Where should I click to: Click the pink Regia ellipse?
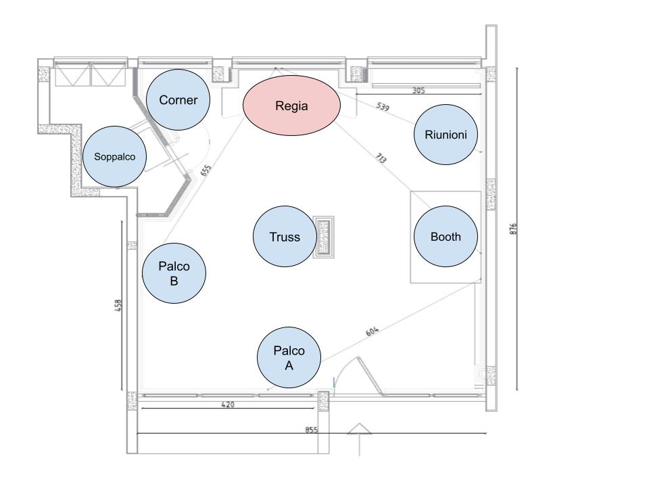coord(291,106)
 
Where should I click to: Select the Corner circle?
coord(178,100)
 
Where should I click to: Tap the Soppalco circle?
coord(114,156)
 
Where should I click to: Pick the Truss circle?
coord(284,237)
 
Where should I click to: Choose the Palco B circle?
coord(174,273)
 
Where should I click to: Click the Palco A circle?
coord(289,358)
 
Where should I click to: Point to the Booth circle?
coord(446,237)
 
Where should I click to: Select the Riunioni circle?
coord(446,134)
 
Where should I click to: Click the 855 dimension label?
coord(311,429)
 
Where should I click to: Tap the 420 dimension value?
coord(228,404)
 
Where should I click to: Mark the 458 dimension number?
coord(118,306)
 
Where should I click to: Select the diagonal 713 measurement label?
coord(380,159)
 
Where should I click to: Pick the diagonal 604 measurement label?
coord(372,331)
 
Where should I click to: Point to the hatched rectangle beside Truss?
coord(324,237)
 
